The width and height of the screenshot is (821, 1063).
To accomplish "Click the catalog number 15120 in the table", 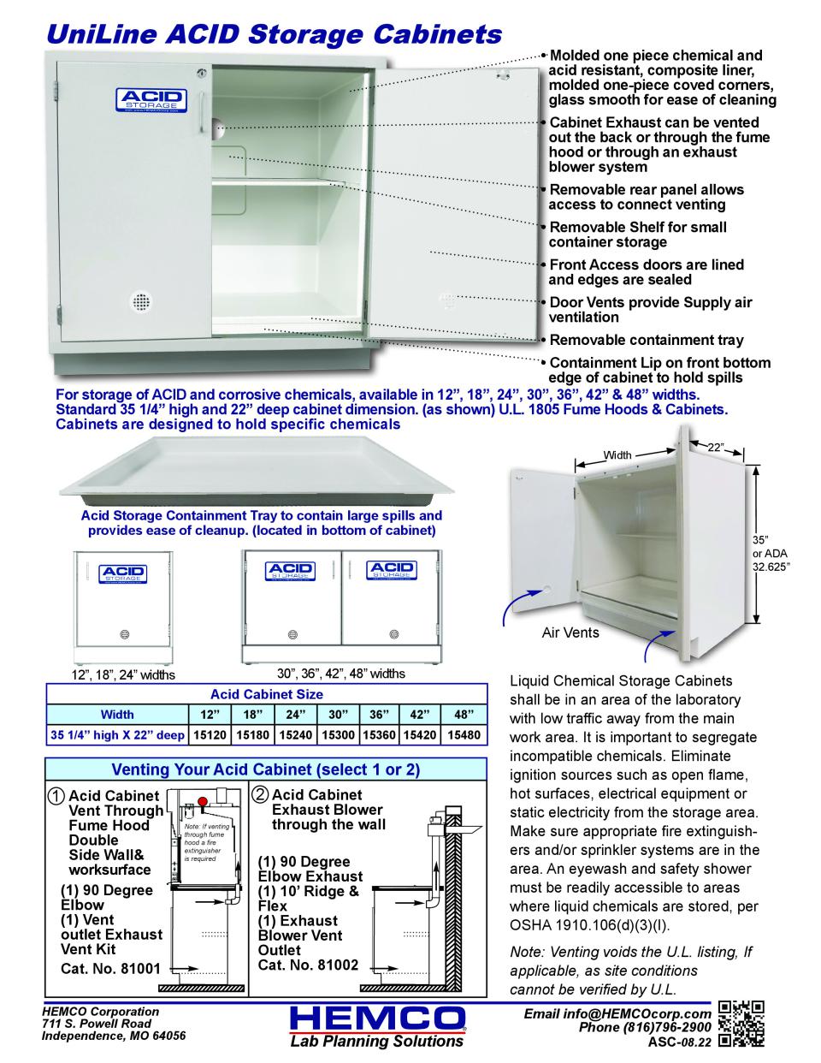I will coord(210,734).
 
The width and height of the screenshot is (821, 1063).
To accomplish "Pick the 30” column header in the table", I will coord(335,713).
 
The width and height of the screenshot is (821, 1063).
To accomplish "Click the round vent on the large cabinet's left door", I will coord(137,302).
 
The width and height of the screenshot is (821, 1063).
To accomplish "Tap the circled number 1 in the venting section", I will coord(56,795).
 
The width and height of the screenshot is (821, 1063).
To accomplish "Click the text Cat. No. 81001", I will coord(110,968).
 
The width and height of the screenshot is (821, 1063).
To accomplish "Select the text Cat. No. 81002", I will coord(308,965).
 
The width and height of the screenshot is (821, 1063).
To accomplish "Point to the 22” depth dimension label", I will coord(716,448).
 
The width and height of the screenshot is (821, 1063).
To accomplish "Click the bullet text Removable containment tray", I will coord(646,340).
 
